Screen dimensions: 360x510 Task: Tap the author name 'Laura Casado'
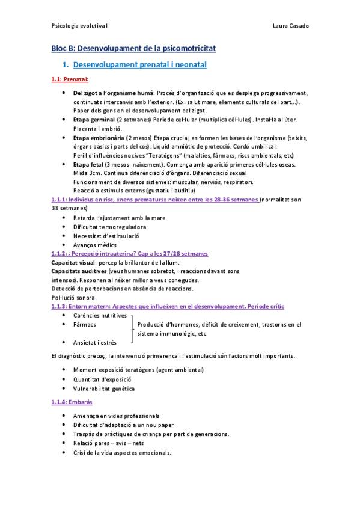click(x=291, y=26)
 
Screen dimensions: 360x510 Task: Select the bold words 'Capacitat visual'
click(x=73, y=263)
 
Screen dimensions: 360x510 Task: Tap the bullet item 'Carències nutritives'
click(x=100, y=315)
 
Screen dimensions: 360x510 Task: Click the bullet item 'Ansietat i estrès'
click(x=95, y=342)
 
